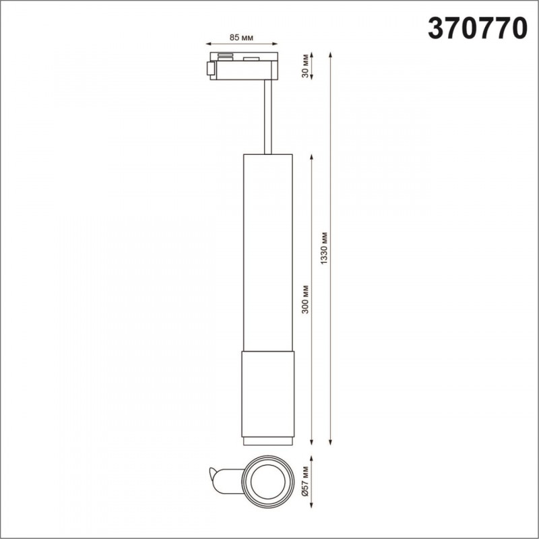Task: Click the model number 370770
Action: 477,29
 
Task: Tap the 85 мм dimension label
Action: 241,38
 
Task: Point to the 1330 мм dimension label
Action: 324,248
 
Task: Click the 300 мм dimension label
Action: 305,299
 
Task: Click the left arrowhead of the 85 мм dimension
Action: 208,44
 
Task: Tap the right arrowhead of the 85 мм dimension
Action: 275,44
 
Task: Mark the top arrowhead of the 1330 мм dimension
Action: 330,55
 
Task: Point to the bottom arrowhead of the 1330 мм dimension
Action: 330,443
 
